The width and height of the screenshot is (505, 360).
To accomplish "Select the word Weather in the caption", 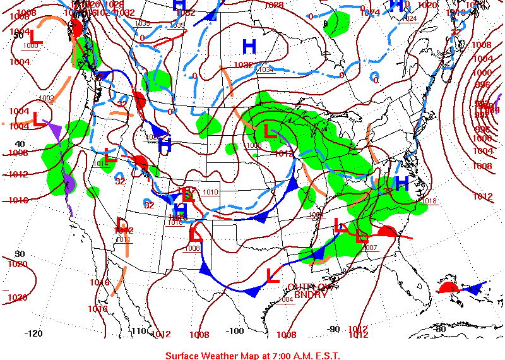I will pos(220,356).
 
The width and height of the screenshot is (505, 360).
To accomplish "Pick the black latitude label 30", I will pos(20,253).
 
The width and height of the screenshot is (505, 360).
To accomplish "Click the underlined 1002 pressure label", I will pos(46,98).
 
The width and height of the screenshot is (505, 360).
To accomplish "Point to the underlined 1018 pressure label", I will pos(429,201).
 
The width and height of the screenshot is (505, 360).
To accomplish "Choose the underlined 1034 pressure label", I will pos(266,69).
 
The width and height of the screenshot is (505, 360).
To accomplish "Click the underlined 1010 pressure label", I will pos(210,191).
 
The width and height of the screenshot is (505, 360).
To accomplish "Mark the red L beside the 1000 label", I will pos(36,37).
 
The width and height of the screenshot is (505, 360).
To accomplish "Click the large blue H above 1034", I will pos(249,45).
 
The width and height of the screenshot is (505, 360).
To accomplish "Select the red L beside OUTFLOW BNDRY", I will pos(273,275).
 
